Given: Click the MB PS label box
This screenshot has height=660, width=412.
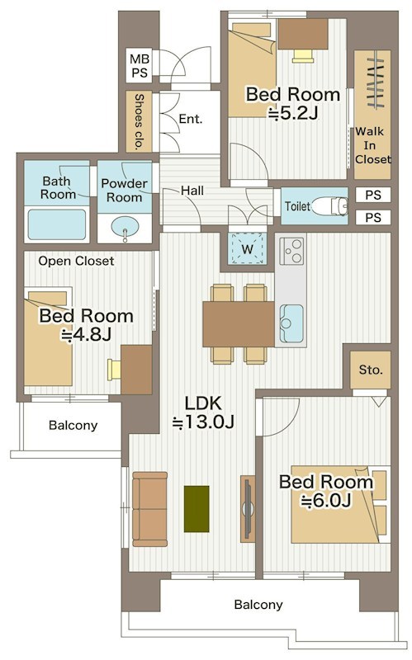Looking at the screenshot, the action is click(x=139, y=66).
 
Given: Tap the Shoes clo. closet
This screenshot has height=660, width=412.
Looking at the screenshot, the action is click(x=139, y=121).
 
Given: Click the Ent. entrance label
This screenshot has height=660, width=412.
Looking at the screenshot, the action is click(x=191, y=119).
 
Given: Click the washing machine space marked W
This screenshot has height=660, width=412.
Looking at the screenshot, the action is click(x=248, y=249).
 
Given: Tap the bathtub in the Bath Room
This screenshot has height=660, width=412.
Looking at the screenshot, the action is click(x=57, y=224).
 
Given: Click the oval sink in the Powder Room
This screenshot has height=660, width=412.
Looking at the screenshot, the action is click(x=125, y=228).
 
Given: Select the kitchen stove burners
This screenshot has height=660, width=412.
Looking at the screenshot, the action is click(x=291, y=251).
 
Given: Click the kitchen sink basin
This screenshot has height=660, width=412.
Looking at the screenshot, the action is click(x=291, y=323).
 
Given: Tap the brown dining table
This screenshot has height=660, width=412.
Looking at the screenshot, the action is click(x=239, y=323).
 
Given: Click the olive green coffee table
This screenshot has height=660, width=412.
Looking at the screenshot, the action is click(x=197, y=509).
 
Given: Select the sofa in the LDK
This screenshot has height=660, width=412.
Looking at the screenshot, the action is click(x=150, y=509).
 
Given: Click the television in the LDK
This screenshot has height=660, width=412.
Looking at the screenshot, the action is click(x=248, y=509).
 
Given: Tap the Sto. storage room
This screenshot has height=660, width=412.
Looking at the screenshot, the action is click(x=370, y=370).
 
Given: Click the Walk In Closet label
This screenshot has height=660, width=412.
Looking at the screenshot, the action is click(x=372, y=145).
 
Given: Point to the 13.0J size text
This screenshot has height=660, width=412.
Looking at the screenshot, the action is click(x=203, y=422).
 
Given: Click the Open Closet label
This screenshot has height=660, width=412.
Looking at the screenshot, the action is click(x=76, y=261).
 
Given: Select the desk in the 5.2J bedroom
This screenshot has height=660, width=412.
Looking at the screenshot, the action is click(x=303, y=34).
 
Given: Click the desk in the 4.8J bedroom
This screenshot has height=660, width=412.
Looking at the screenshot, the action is click(x=136, y=370).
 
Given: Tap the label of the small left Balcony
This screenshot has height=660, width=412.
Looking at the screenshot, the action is click(x=73, y=425).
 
